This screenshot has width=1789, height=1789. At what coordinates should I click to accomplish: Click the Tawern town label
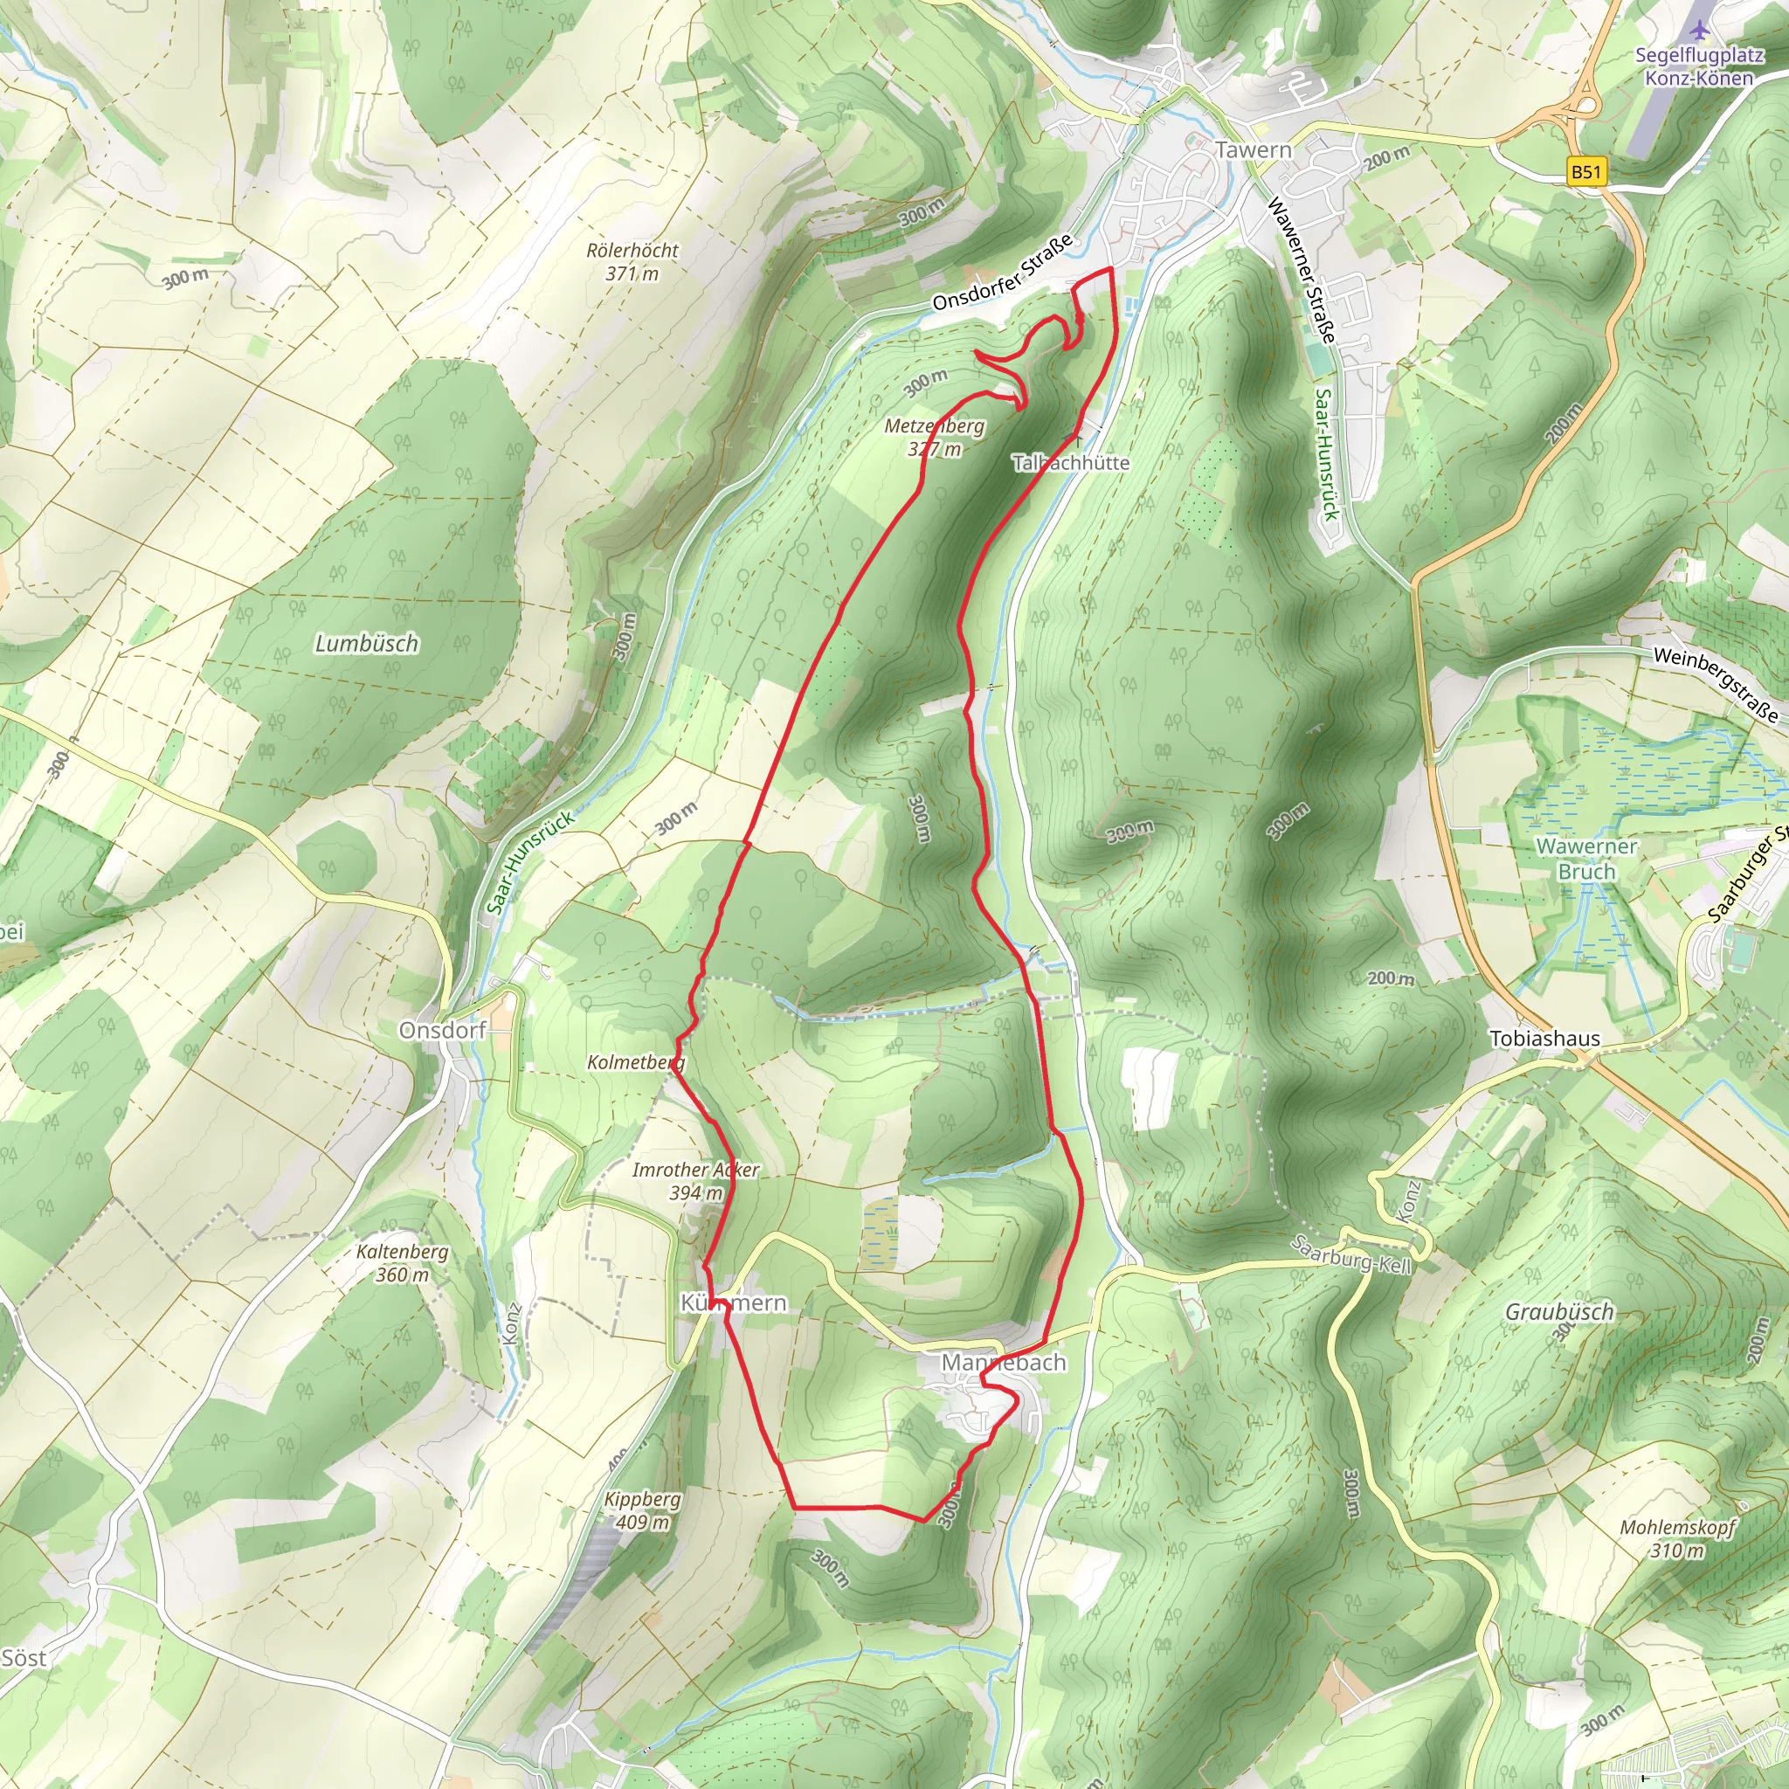click(1252, 150)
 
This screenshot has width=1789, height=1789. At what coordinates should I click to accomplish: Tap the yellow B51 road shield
click(1585, 171)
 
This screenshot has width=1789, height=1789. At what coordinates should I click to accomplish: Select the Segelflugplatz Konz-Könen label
click(1698, 66)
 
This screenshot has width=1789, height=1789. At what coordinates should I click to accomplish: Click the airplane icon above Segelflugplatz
click(1697, 29)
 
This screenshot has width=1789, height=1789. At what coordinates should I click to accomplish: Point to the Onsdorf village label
click(442, 1031)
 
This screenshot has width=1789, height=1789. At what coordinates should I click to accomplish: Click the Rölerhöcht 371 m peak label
click(632, 262)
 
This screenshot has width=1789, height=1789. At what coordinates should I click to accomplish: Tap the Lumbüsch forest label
click(367, 644)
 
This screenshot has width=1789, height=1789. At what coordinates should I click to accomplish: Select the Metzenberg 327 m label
click(934, 437)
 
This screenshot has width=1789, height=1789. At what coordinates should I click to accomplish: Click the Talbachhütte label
click(1070, 462)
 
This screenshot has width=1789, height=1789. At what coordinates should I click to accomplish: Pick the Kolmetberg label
click(635, 1062)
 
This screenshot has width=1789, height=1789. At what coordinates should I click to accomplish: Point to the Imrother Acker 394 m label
click(695, 1182)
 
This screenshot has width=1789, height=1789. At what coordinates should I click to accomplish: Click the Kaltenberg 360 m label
click(402, 1263)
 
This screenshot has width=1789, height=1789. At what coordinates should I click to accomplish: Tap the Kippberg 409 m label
click(642, 1510)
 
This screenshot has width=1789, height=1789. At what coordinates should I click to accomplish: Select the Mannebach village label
click(1003, 1363)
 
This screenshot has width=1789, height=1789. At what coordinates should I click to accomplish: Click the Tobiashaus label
click(1544, 1039)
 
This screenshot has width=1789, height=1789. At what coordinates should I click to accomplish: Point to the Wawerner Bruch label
click(1586, 859)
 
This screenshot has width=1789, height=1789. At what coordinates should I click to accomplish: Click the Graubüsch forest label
click(1559, 1312)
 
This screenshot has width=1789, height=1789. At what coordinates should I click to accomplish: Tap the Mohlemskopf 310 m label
click(1677, 1538)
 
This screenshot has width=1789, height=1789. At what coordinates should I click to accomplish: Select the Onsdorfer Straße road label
click(1002, 273)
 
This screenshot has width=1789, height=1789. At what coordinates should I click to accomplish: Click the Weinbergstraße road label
click(1715, 684)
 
